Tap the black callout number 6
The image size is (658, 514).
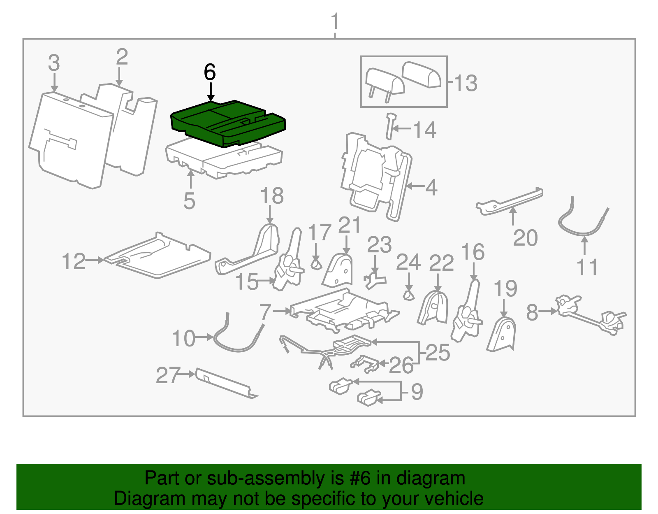[210, 72]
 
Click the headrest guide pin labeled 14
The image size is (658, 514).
[389, 126]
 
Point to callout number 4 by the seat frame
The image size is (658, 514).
[431, 187]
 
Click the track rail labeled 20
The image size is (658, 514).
[510, 202]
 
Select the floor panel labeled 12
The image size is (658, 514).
[158, 257]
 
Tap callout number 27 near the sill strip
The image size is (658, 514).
[168, 375]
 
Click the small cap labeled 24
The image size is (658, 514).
[408, 295]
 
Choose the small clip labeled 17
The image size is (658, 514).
[315, 264]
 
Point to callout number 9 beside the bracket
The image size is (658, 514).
[417, 391]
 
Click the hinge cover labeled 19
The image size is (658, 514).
[503, 334]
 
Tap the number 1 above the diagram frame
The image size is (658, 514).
[335, 21]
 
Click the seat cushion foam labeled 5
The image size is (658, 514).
[224, 158]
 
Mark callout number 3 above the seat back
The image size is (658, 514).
[54, 63]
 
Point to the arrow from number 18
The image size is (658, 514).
[270, 215]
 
